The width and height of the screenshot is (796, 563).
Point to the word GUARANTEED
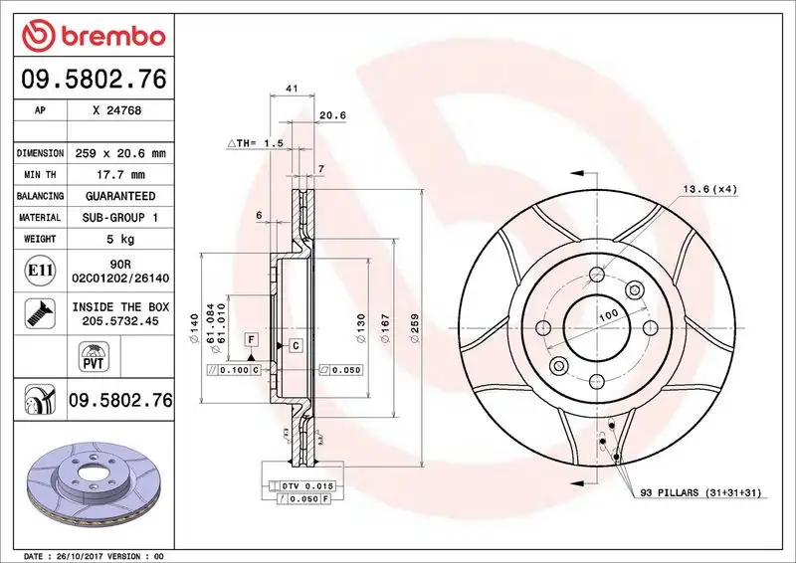(118, 196)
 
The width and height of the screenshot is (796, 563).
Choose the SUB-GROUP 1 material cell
(118, 217)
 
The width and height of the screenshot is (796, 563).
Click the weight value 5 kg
(118, 239)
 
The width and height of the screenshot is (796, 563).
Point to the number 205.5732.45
(118, 321)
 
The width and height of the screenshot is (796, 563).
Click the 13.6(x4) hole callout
(709, 189)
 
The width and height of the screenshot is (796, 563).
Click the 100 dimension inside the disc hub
(608, 314)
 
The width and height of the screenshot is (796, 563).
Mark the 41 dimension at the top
(293, 90)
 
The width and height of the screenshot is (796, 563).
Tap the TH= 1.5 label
(257, 143)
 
